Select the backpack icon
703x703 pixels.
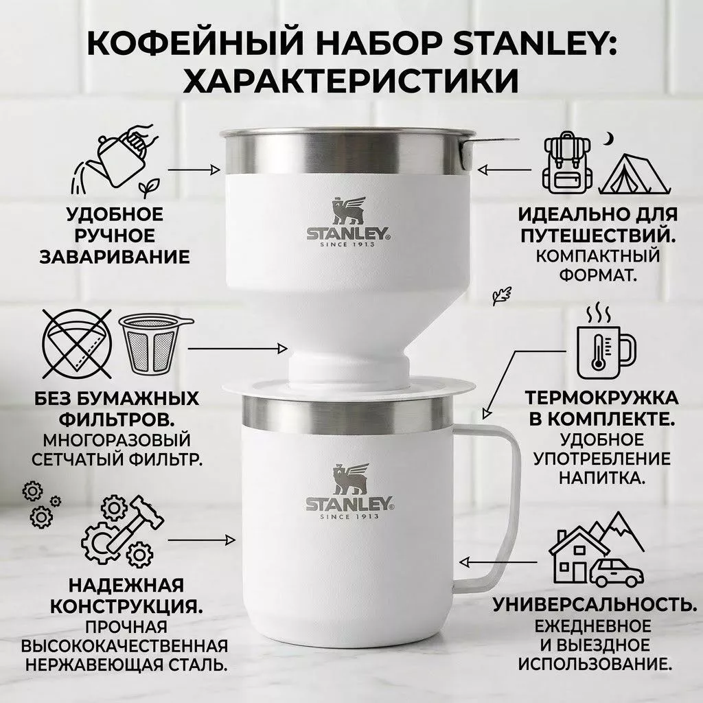pyautogui.click(x=568, y=163)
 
